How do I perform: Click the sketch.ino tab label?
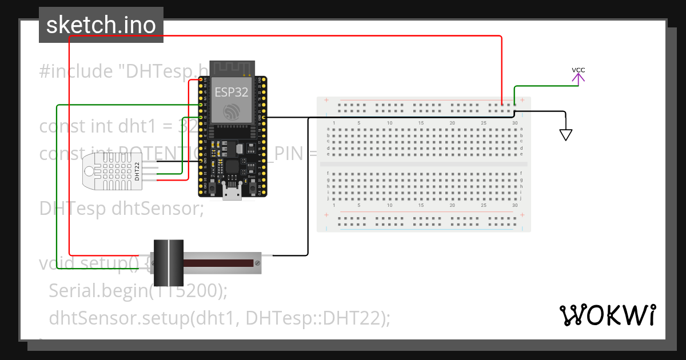(x=101, y=25)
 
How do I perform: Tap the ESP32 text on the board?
(x=231, y=92)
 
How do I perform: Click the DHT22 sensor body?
(x=112, y=171)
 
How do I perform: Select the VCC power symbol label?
(x=578, y=70)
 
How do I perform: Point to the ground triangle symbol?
(x=566, y=135)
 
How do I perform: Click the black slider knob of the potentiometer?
(x=169, y=263)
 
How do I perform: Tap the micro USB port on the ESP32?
(x=232, y=193)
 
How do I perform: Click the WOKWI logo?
(x=607, y=315)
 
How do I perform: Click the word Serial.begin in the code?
(x=97, y=291)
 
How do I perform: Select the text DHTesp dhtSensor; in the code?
(x=121, y=208)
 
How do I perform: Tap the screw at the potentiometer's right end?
(x=258, y=263)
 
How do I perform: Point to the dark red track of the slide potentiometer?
(x=217, y=263)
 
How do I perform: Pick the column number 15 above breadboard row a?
(x=421, y=123)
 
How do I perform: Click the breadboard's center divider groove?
(x=424, y=163)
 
